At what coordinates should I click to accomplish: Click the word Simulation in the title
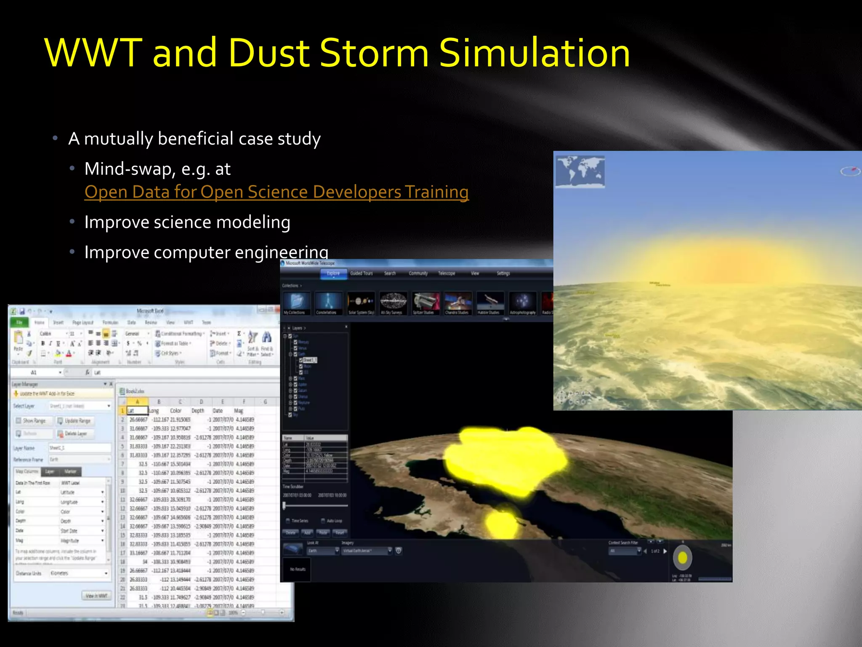[x=535, y=53]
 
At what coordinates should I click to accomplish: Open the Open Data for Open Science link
[x=276, y=192]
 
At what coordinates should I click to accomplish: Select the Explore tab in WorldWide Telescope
[x=333, y=273]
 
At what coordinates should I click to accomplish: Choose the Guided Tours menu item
[x=361, y=273]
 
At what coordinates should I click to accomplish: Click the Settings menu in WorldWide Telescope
[x=503, y=273]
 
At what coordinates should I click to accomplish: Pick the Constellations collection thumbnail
[x=328, y=302]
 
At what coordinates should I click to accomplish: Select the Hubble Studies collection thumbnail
[x=490, y=302]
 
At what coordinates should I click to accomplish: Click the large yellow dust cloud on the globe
[x=505, y=459]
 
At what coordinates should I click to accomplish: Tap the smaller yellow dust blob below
[x=502, y=522]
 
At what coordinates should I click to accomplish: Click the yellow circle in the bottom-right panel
[x=682, y=558]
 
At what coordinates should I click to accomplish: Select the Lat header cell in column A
[x=137, y=411]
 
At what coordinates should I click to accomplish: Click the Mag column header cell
[x=239, y=411]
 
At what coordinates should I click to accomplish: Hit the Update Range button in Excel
[x=74, y=421]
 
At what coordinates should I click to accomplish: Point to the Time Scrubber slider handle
[x=285, y=505]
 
